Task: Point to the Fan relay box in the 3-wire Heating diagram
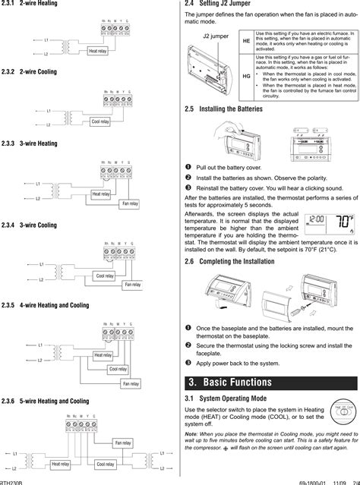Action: click(x=130, y=203)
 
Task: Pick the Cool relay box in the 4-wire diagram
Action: click(x=118, y=369)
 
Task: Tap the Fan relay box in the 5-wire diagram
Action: click(x=122, y=442)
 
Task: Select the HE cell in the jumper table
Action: click(x=246, y=41)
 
